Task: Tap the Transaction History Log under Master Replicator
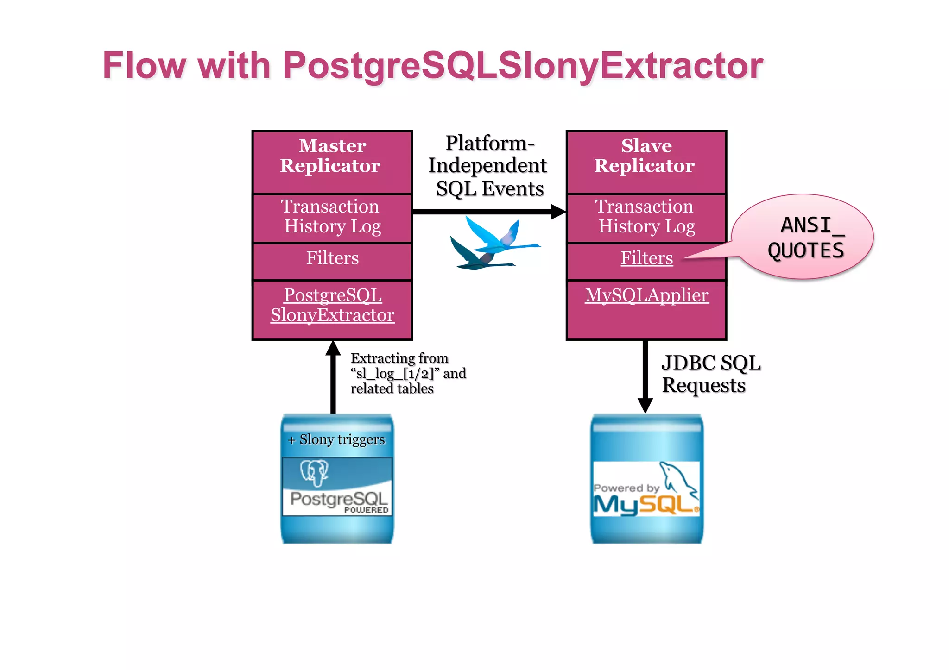pyautogui.click(x=332, y=217)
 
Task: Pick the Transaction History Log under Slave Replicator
pyautogui.click(x=646, y=217)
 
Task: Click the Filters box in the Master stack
pyautogui.click(x=332, y=258)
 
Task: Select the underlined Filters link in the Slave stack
pyautogui.click(x=646, y=258)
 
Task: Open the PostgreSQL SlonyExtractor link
pyautogui.click(x=332, y=305)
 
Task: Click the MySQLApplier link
pyautogui.click(x=646, y=295)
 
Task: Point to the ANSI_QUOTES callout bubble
pyautogui.click(x=805, y=237)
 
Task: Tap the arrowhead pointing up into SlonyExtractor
pyautogui.click(x=333, y=348)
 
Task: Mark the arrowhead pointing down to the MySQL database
pyautogui.click(x=645, y=405)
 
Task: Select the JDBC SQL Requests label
pyautogui.click(x=710, y=374)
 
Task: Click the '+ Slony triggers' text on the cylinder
pyautogui.click(x=337, y=439)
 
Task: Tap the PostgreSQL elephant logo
pyautogui.click(x=315, y=472)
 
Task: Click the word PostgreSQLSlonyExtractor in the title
pyautogui.click(x=523, y=65)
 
